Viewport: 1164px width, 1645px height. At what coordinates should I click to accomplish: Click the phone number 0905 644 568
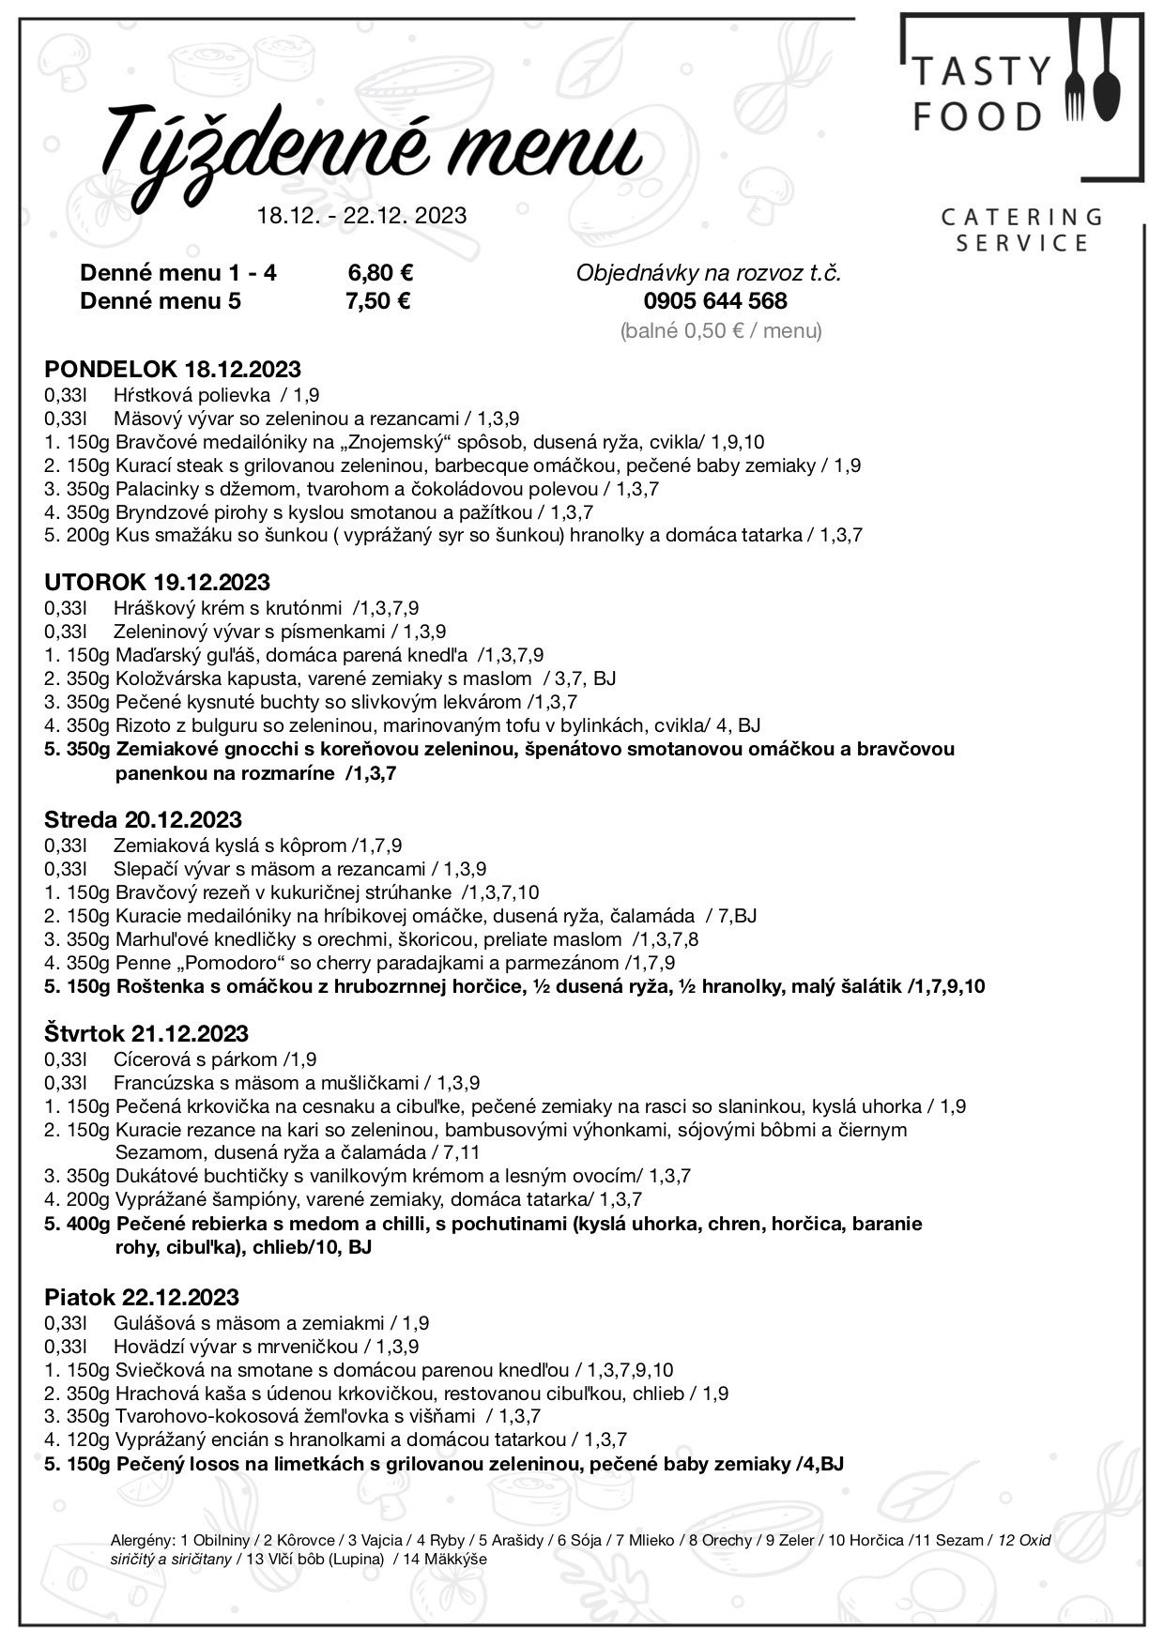[715, 301]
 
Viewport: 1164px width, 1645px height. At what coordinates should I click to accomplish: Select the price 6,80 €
[380, 273]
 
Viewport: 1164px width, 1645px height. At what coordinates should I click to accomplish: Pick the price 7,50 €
[379, 301]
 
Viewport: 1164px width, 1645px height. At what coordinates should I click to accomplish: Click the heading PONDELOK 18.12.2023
[173, 368]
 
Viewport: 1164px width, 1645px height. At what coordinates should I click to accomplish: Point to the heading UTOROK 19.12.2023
[157, 582]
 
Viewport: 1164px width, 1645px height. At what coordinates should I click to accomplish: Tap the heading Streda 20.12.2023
[143, 819]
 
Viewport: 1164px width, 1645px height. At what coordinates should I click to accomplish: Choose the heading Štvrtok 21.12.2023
[146, 1033]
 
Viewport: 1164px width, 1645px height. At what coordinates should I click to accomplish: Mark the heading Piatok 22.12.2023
[142, 1297]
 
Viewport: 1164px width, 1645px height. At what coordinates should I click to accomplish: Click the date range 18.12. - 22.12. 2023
[361, 215]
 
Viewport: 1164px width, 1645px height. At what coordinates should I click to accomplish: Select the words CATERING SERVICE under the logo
[1021, 230]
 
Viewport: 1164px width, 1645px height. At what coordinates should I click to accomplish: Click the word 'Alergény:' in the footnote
[143, 1541]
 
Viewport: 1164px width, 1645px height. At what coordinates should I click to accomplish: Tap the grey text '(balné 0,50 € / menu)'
[721, 330]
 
